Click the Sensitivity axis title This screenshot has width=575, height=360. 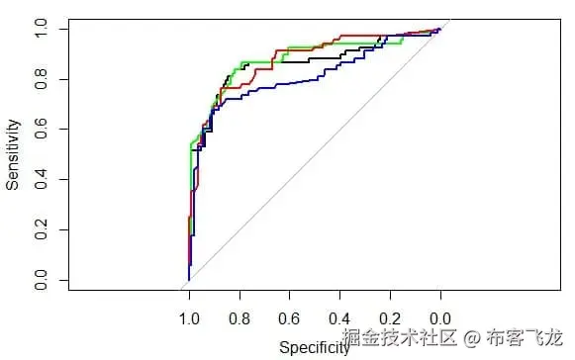coord(14,154)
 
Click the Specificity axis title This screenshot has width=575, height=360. coord(314,347)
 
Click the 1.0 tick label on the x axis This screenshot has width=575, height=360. coord(188,319)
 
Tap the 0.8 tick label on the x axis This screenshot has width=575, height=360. coord(239,319)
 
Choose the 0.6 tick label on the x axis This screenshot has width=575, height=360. coord(289,319)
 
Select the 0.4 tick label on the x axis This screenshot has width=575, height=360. coord(339,319)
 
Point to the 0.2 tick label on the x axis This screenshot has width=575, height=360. coord(390,319)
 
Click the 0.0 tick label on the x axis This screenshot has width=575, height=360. coord(440,319)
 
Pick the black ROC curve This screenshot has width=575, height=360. coord(297,63)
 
